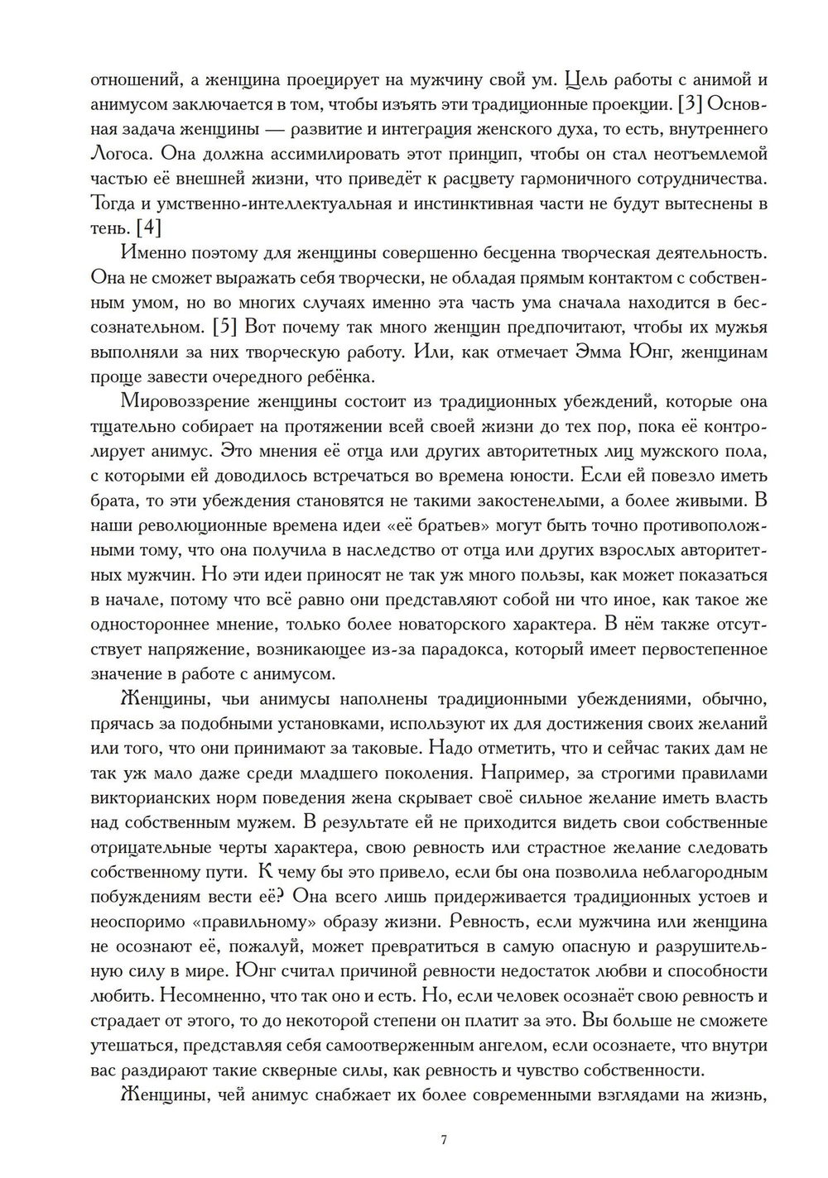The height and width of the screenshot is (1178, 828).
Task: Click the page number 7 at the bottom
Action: pyautogui.click(x=444, y=1140)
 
